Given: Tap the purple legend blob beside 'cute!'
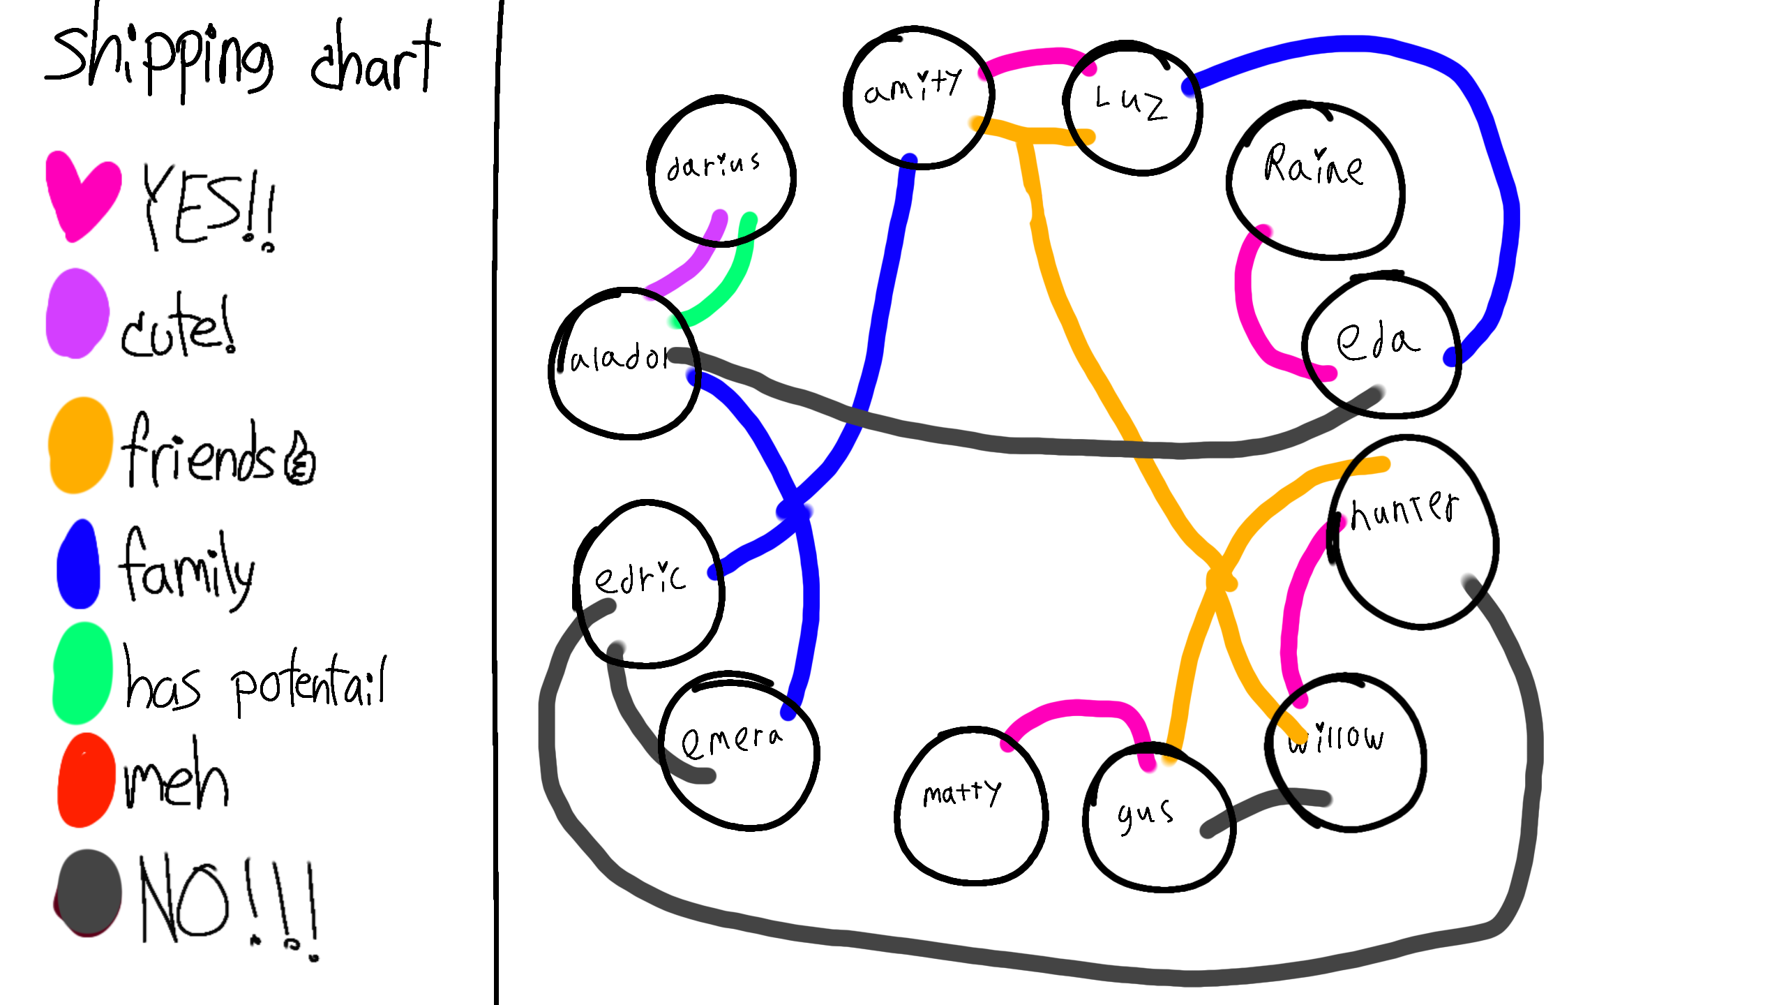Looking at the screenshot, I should click(77, 314).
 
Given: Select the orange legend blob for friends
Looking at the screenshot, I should click(81, 445).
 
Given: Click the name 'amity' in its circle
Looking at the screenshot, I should click(913, 87).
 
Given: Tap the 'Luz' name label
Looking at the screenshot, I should click(1130, 103).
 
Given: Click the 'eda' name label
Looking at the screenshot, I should click(1377, 342).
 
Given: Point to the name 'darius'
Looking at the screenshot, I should click(713, 166).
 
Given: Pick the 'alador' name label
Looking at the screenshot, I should click(618, 358).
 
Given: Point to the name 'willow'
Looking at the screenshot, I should click(1335, 738).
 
